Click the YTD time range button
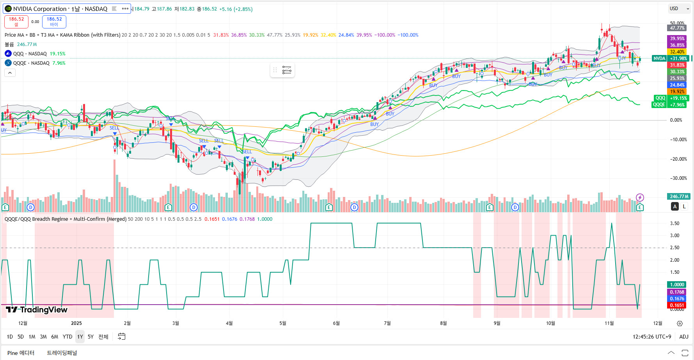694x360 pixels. [x=67, y=337]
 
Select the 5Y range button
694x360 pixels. [x=91, y=337]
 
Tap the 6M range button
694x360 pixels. [x=55, y=337]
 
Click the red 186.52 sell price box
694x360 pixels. [x=16, y=21]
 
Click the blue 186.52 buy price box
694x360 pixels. [x=54, y=21]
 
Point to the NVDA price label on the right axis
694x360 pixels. [x=659, y=59]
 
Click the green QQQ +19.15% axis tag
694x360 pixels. [x=671, y=98]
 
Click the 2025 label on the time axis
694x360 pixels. [x=76, y=323]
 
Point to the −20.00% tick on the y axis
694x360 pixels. [x=678, y=159]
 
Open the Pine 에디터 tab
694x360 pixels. [x=21, y=353]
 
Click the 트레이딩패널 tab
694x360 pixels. [x=62, y=353]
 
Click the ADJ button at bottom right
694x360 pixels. [x=683, y=337]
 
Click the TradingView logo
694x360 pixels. [x=37, y=310]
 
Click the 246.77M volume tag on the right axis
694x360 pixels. [x=679, y=197]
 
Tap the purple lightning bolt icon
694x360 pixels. [x=640, y=197]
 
